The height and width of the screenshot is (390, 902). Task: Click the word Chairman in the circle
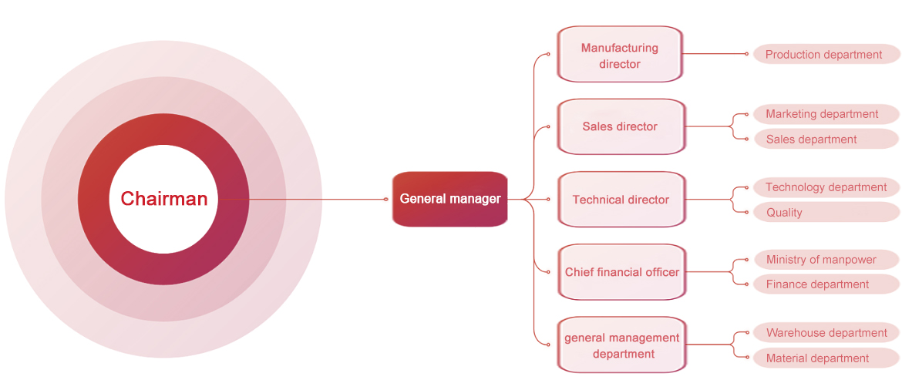click(163, 199)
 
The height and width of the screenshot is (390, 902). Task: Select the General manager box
click(449, 199)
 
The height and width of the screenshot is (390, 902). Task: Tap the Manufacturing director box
click(619, 55)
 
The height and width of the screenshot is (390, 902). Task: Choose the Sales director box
click(620, 126)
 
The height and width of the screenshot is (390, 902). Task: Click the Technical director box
click(621, 200)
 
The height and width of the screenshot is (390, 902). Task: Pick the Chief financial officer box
click(621, 272)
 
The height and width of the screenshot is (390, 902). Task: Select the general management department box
click(621, 345)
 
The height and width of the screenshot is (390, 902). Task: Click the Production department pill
click(824, 55)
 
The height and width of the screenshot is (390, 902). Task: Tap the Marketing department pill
click(823, 114)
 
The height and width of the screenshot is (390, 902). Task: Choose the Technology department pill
click(826, 187)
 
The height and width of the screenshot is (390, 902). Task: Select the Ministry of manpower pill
click(821, 260)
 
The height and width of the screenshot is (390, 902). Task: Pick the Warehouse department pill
click(826, 333)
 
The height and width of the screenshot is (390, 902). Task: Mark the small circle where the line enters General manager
click(386, 199)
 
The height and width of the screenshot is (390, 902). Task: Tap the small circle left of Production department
click(746, 54)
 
